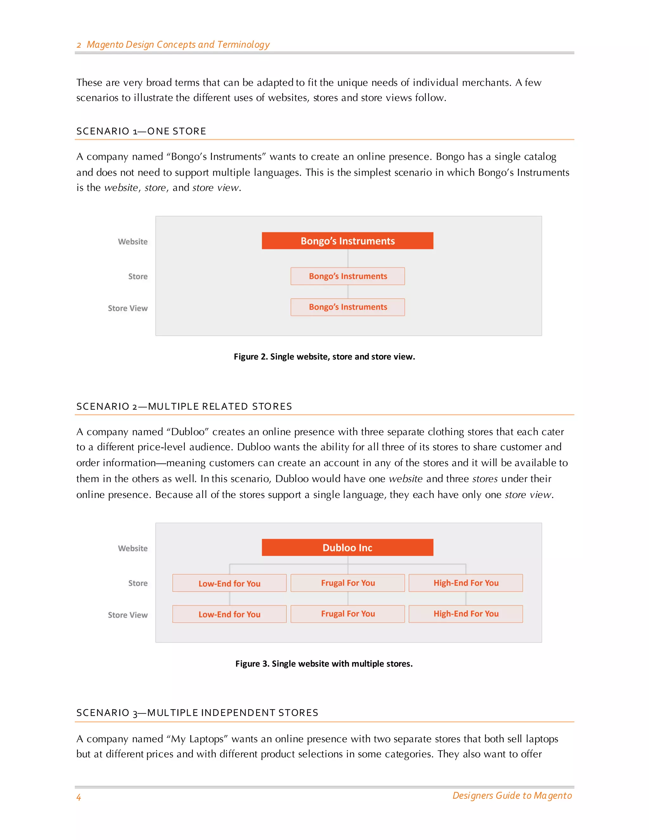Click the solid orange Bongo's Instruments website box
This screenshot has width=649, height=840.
347,241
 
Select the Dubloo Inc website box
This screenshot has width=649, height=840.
347,547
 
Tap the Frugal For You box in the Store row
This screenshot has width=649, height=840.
348,583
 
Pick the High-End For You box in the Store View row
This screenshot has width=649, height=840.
466,614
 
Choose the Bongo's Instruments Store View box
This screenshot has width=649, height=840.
348,307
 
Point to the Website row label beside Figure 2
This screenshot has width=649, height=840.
133,242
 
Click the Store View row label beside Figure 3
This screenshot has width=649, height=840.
128,615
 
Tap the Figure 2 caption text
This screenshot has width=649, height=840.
324,357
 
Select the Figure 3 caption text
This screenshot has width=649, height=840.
324,663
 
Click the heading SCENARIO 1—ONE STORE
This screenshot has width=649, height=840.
141,131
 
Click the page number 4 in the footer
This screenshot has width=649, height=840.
79,797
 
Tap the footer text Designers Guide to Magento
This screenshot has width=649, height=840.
512,795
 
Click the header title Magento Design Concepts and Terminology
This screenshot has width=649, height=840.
178,45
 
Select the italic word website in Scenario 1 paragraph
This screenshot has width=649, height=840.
121,188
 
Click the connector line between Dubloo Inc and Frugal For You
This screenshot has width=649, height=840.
348,565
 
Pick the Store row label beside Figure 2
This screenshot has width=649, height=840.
138,276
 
